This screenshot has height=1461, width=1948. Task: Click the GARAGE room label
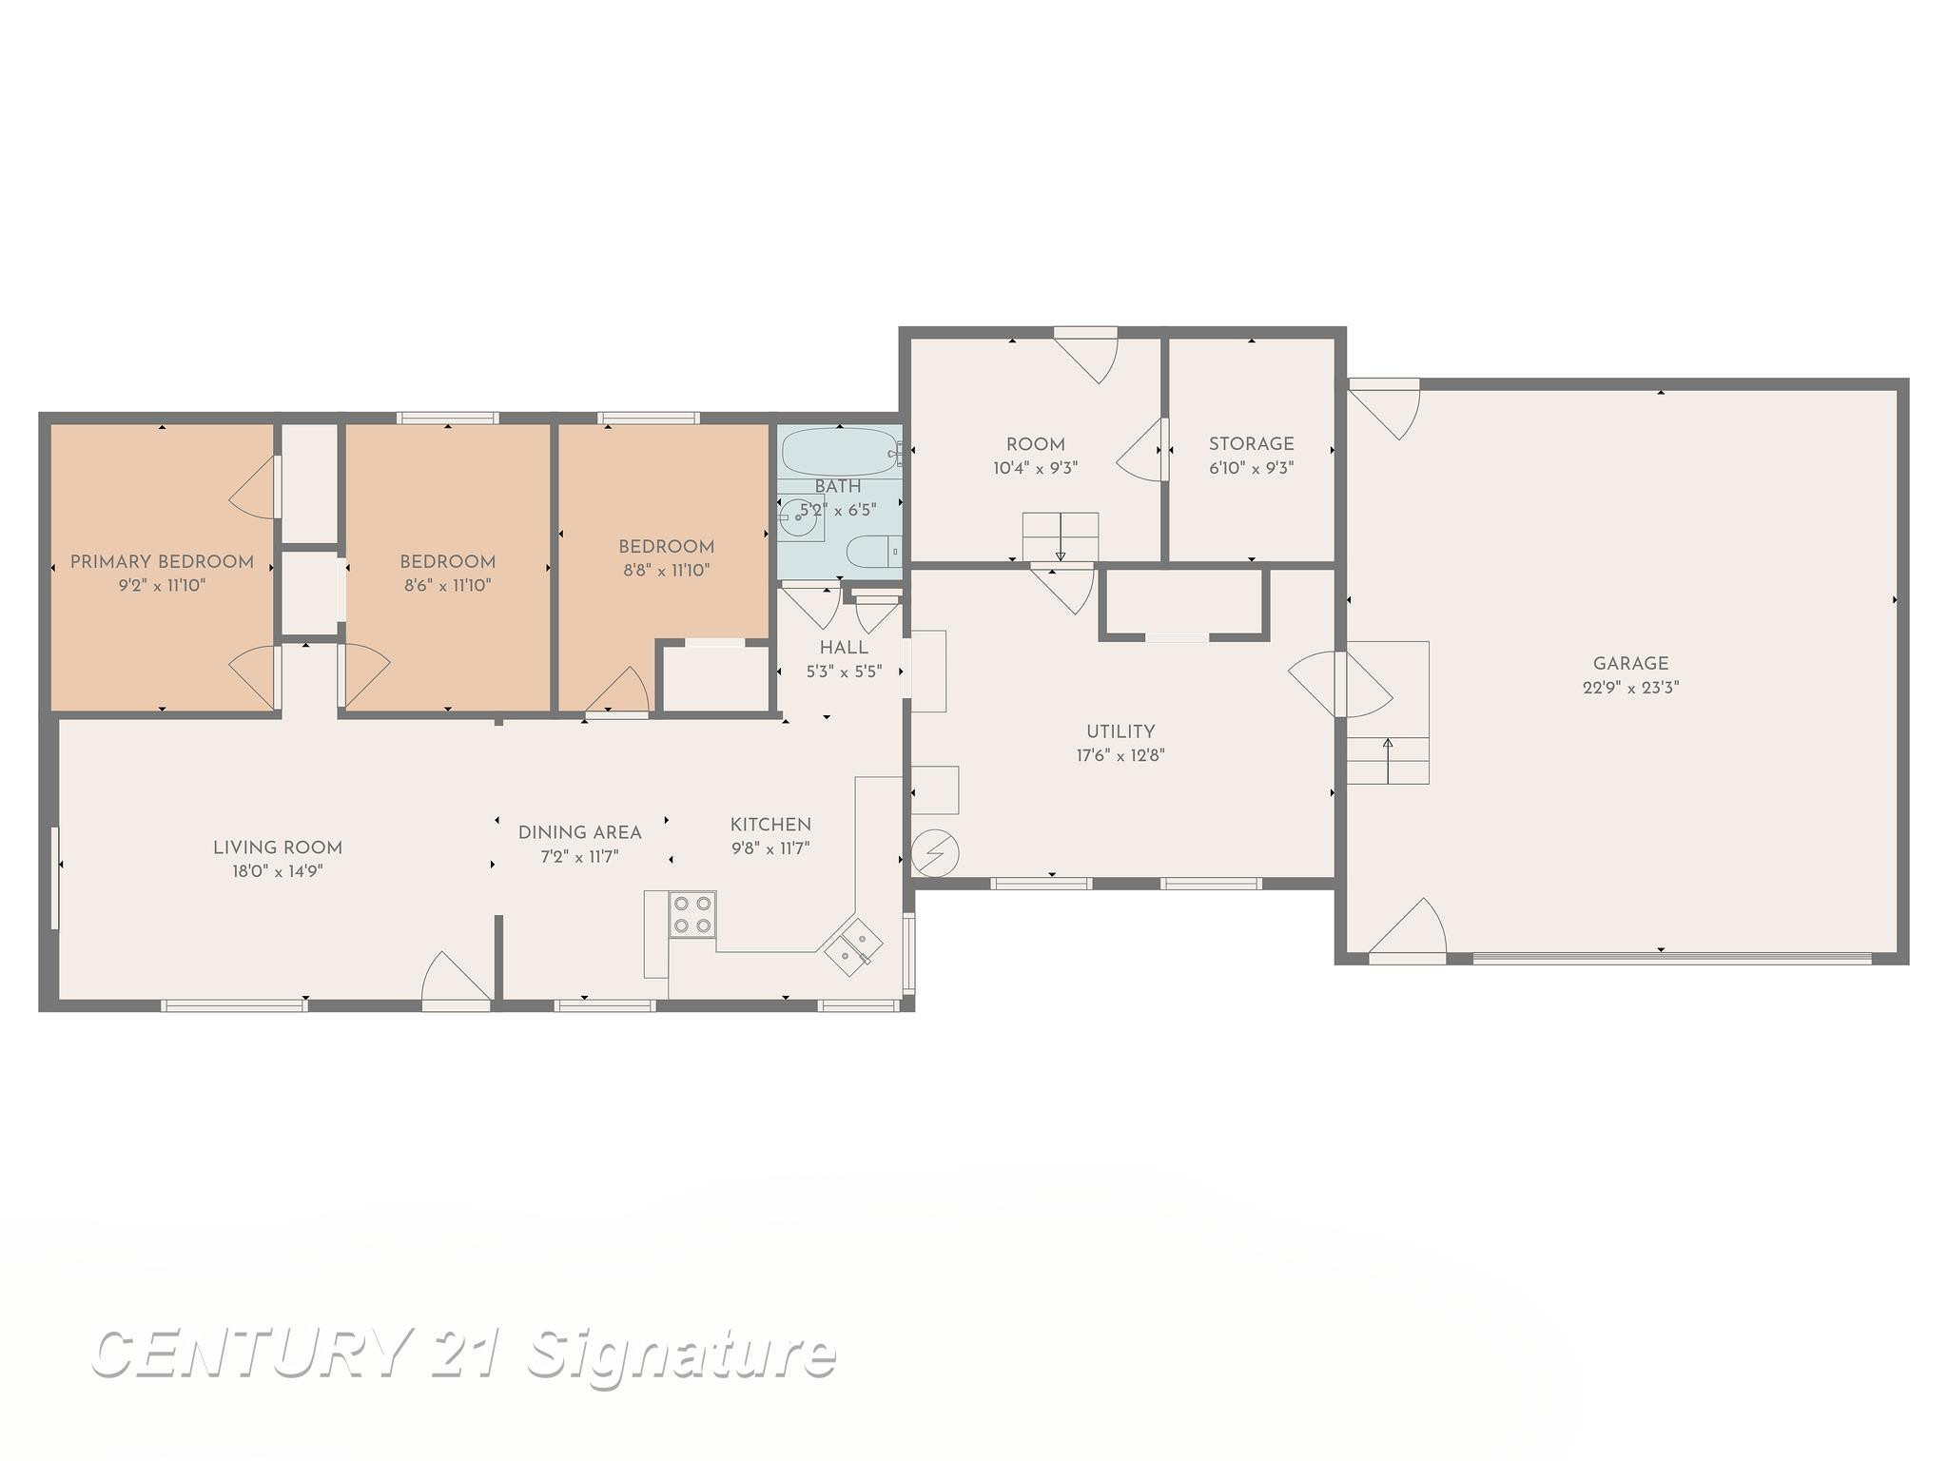(1630, 664)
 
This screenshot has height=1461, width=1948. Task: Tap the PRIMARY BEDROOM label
(162, 562)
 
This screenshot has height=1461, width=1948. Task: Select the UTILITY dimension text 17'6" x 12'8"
(1120, 756)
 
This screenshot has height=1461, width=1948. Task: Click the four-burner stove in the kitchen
(692, 914)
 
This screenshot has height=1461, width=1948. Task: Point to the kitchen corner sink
(853, 947)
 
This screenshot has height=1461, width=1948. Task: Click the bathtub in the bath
(838, 452)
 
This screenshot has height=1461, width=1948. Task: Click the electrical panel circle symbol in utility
(935, 852)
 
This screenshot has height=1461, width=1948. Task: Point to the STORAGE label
(1251, 444)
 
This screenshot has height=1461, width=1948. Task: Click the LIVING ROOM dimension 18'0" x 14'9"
(278, 871)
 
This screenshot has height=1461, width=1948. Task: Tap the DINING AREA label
(579, 833)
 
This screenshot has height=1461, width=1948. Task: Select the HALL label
(844, 648)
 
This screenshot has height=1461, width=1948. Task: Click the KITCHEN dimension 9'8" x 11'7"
(770, 848)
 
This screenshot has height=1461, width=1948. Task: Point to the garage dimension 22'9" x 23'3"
(1630, 688)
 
